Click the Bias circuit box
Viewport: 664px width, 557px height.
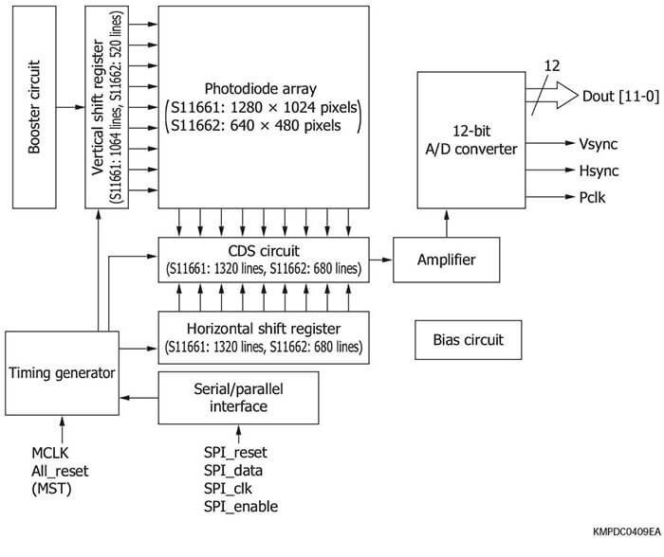(x=469, y=339)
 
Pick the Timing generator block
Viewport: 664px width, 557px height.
(x=61, y=372)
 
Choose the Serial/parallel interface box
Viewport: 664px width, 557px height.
(x=238, y=397)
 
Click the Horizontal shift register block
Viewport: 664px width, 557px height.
(x=263, y=337)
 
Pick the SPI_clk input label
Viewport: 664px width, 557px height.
(x=231, y=489)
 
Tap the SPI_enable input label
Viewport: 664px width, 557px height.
(x=241, y=507)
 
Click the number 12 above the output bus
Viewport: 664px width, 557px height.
(x=553, y=65)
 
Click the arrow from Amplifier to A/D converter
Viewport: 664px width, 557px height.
(x=444, y=224)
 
